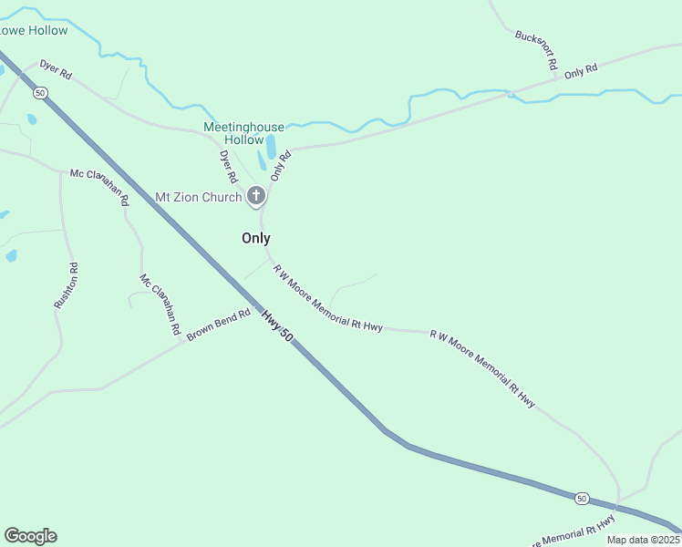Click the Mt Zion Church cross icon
256,195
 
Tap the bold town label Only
255,238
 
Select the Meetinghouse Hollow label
243,133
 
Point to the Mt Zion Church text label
198,197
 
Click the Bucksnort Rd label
535,51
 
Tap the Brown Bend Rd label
219,325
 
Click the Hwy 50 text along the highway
277,326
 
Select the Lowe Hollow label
33,30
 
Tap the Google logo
30,536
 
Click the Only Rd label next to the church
280,165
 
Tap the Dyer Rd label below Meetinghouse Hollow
228,166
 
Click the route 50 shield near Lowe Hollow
39,92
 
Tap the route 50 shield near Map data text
582,498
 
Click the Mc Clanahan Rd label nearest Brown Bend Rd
159,303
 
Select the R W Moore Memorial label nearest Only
327,299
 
